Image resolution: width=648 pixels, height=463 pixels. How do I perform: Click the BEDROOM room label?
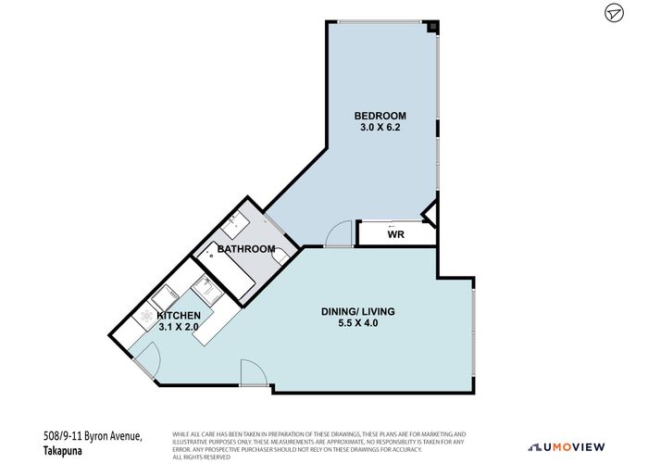[379, 116]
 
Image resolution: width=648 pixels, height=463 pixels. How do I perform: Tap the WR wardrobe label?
[395, 234]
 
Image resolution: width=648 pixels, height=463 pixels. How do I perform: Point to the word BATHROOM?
[246, 249]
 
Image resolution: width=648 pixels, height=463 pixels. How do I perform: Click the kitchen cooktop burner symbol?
[147, 315]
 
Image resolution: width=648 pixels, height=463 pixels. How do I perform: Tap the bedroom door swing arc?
[340, 233]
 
